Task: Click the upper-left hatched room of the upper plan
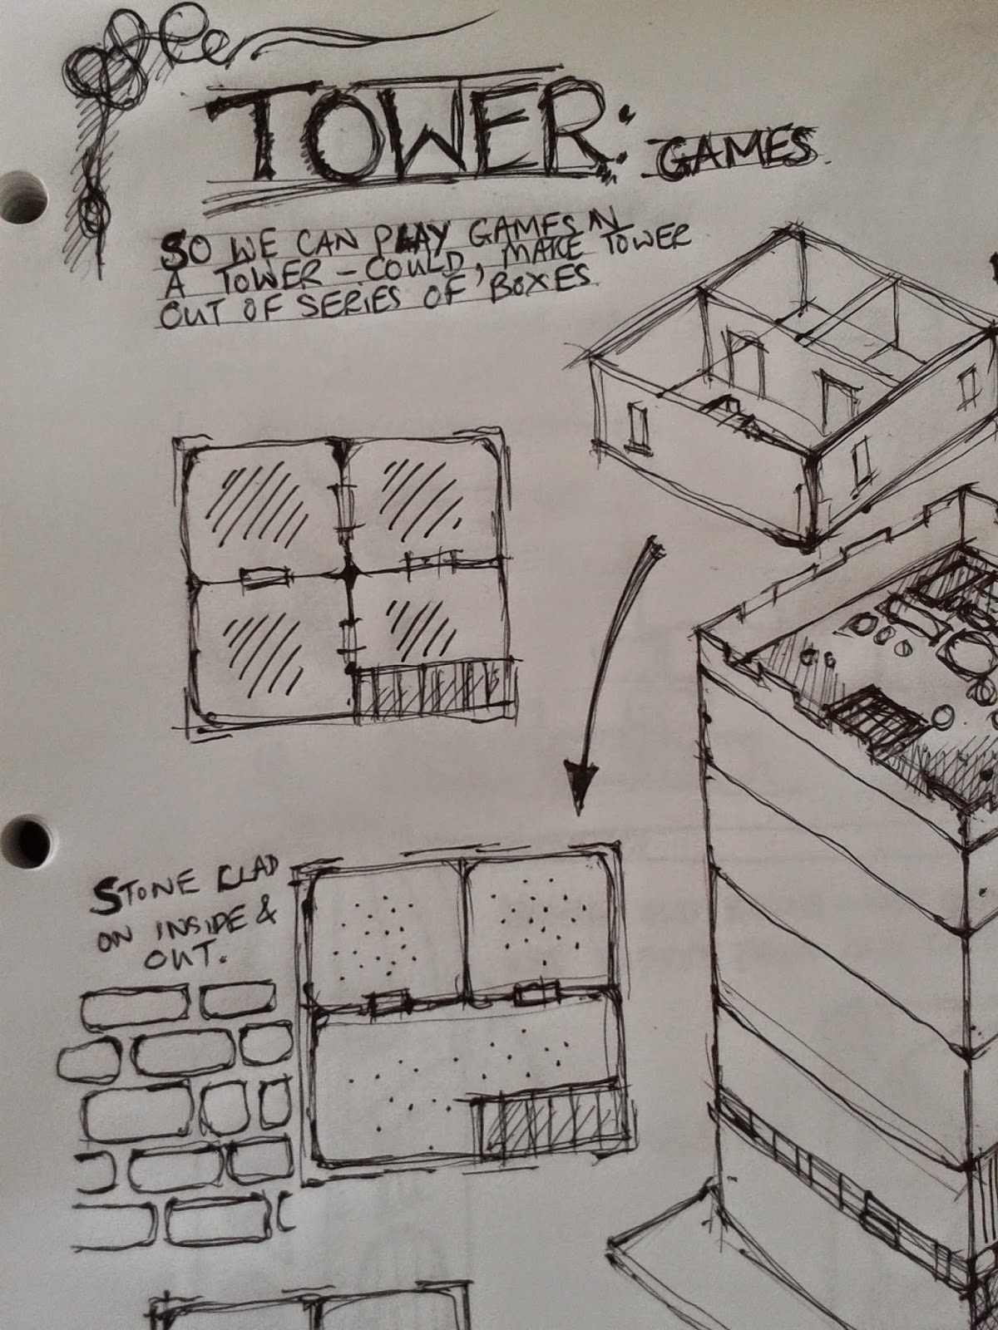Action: (264, 512)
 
